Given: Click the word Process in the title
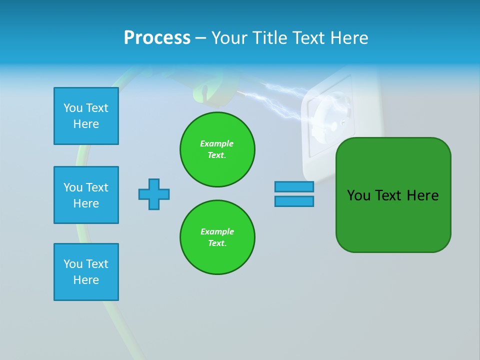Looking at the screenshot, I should point(157,38).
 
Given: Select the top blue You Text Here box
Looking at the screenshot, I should point(86,116).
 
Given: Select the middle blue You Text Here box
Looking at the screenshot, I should point(86,195).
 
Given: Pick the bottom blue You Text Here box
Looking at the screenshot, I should point(86,272).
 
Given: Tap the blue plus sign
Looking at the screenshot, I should point(154,194).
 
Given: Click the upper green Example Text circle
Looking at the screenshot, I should point(217,149).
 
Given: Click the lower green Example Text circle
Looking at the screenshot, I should point(217,237).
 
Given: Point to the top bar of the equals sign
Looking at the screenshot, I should point(294,186).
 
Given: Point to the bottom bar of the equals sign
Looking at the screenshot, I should point(294,201).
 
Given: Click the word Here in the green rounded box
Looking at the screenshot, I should point(422,195).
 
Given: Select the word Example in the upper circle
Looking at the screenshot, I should point(217,143).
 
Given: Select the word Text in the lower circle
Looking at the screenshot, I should point(216,243).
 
